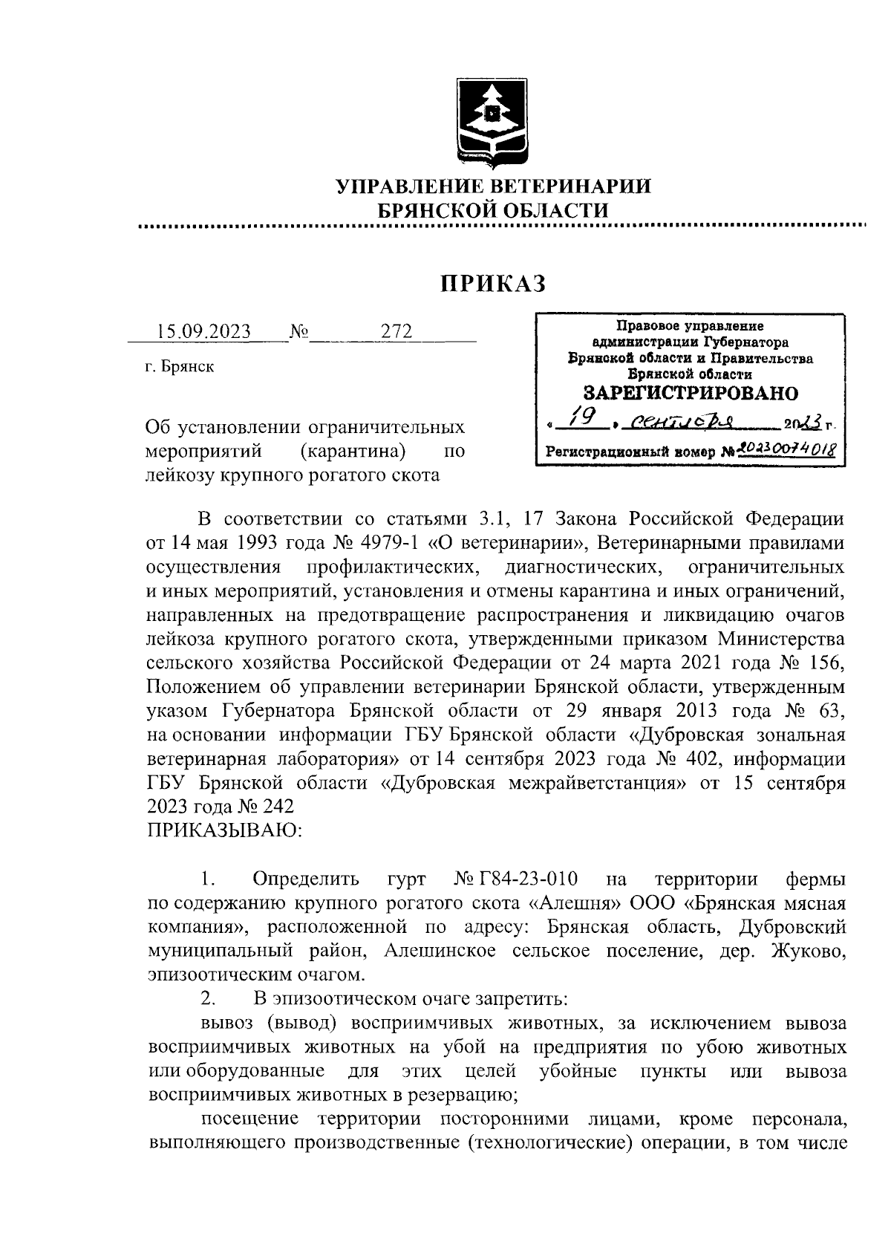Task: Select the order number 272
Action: tap(396, 331)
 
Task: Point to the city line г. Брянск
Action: tap(180, 366)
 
